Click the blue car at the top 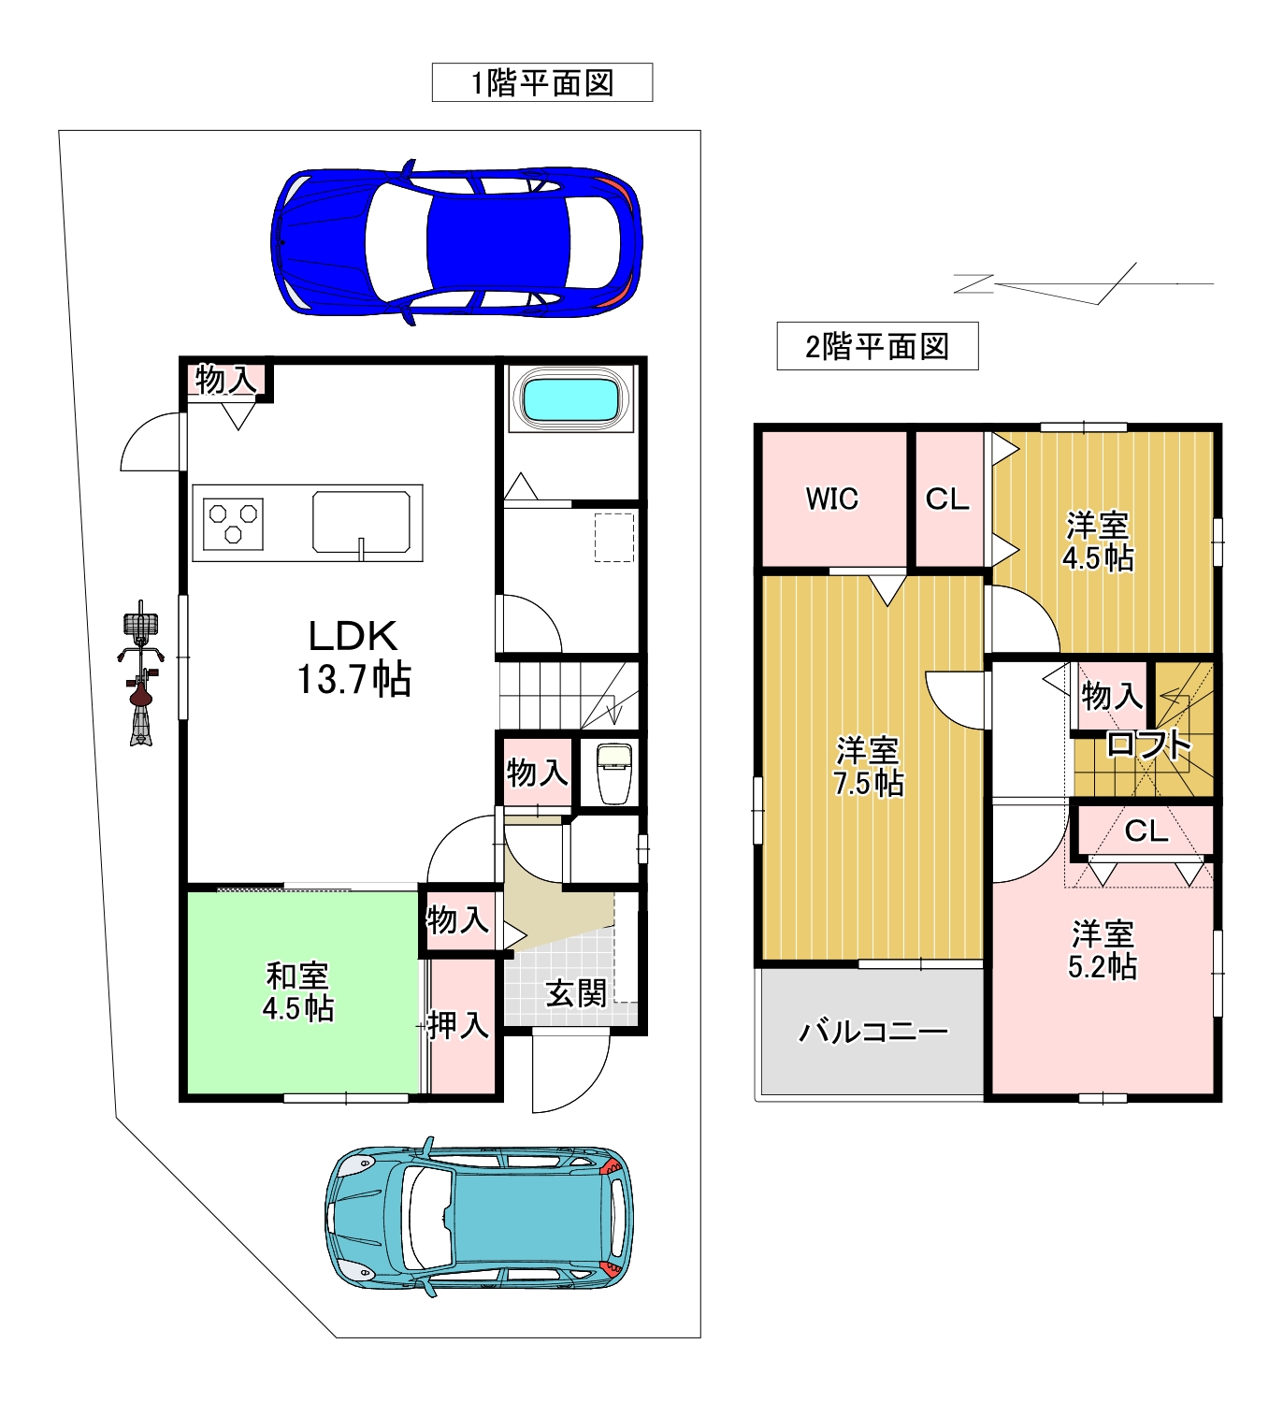456,242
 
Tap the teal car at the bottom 480,1216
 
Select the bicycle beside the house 140,672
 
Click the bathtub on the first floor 572,399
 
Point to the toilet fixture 614,773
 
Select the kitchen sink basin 361,522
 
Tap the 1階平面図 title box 542,82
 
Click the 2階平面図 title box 877,346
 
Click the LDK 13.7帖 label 353,658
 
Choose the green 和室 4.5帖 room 303,991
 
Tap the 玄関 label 576,993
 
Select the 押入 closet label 457,1024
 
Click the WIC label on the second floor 831,499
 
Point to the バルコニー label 873,1032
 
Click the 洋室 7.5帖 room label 868,767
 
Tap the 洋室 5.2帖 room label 1103,950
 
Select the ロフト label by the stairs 1148,744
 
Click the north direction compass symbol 1083,283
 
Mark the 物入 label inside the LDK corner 225,380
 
